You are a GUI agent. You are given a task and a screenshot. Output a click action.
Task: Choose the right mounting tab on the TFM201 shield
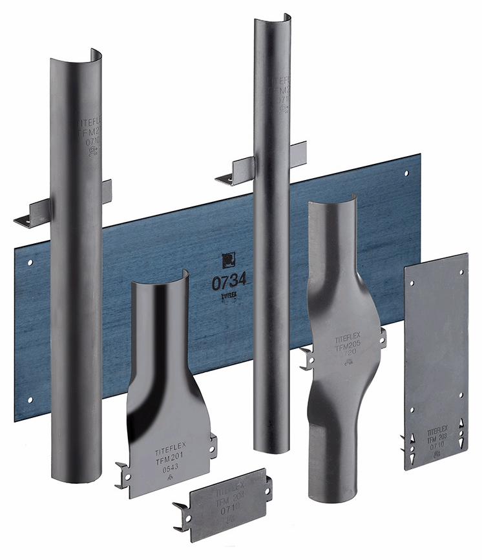213,445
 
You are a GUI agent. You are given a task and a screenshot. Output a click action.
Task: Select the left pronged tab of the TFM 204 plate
182,515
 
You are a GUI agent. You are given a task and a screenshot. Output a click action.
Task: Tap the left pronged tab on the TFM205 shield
306,357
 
